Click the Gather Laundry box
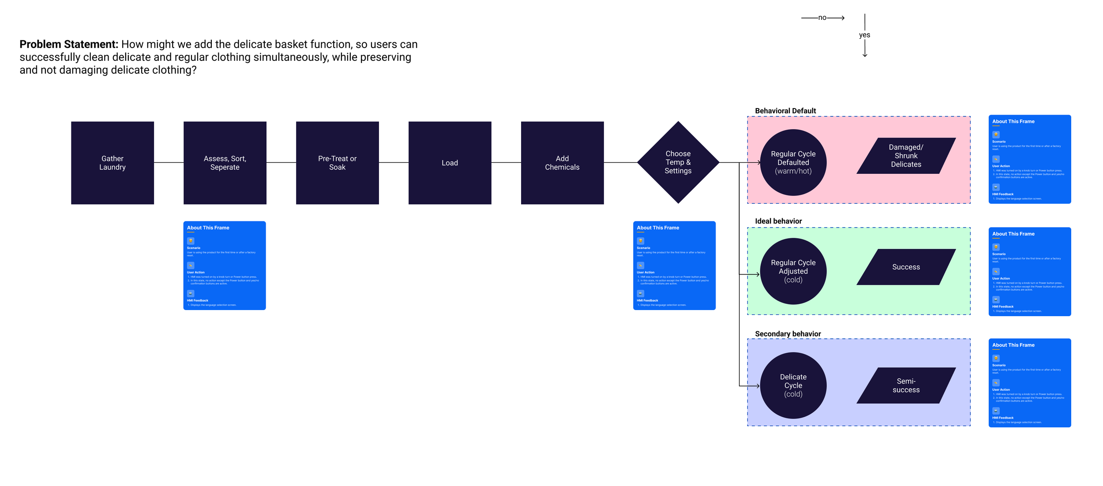pyautogui.click(x=113, y=163)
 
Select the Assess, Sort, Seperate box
pyautogui.click(x=225, y=163)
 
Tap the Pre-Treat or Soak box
pyautogui.click(x=337, y=163)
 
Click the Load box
pyautogui.click(x=450, y=163)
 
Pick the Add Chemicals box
pyautogui.click(x=562, y=163)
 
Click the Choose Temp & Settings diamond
pyautogui.click(x=678, y=162)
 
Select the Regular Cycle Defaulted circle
pyautogui.click(x=793, y=162)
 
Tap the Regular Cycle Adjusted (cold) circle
pyautogui.click(x=793, y=271)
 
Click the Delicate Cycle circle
pyautogui.click(x=793, y=385)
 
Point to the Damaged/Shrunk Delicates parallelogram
pyautogui.click(x=906, y=156)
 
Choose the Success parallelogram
pyautogui.click(x=906, y=267)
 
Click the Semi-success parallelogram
pyautogui.click(x=906, y=385)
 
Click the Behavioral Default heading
pyautogui.click(x=785, y=111)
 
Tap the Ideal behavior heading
pyautogui.click(x=778, y=221)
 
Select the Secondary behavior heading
pyautogui.click(x=788, y=334)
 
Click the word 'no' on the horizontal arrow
pyautogui.click(x=822, y=18)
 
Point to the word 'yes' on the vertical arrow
pyautogui.click(x=864, y=35)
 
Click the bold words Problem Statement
pyautogui.click(x=69, y=45)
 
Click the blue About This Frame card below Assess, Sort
pyautogui.click(x=225, y=265)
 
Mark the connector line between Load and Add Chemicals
pyautogui.click(x=506, y=163)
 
